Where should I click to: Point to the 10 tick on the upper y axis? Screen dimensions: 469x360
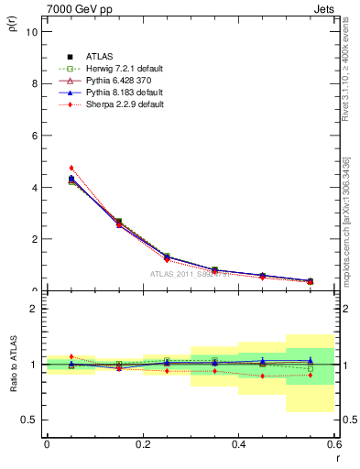tap(33, 31)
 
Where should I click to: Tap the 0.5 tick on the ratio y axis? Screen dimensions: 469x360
tap(31, 420)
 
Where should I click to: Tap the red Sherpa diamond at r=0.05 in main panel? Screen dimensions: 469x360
tap(71, 168)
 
